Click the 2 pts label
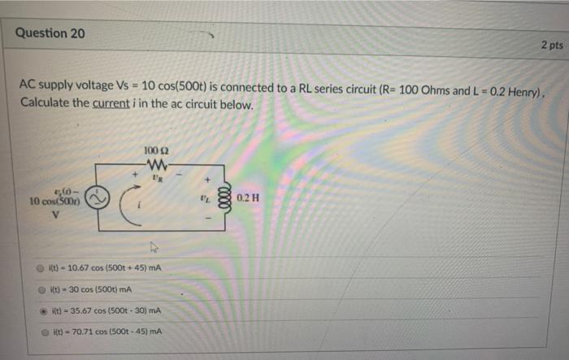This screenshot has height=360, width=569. pos(550,46)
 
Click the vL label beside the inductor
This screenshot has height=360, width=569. pos(209,196)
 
